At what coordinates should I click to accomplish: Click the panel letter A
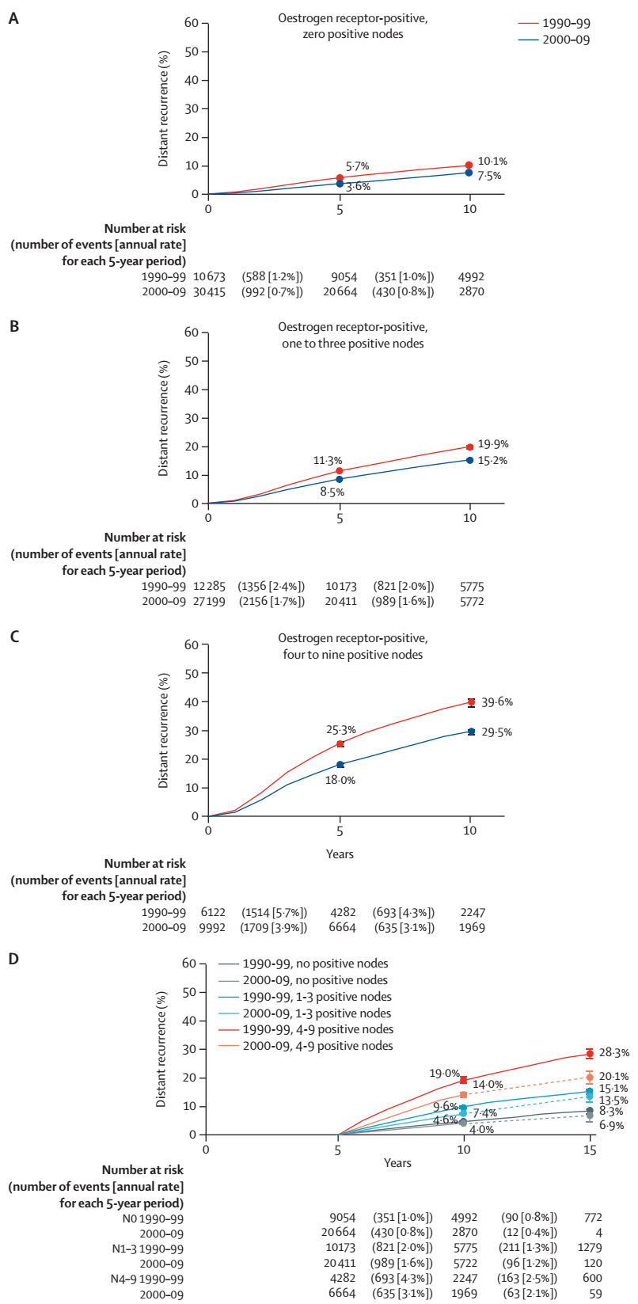point(13,18)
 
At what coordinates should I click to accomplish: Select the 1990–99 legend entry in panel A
point(553,23)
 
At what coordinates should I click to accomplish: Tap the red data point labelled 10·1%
point(469,165)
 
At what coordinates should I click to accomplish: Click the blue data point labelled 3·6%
point(340,184)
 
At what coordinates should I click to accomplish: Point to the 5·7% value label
point(358,166)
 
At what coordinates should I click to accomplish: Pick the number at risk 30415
point(209,291)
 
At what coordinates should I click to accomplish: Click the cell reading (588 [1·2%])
point(272,276)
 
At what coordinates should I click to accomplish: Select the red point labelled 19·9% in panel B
point(469,447)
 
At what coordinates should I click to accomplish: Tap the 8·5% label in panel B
point(332,492)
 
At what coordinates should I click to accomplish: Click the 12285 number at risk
point(209,586)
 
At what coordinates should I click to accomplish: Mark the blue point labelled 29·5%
point(471,731)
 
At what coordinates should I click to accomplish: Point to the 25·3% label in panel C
point(340,729)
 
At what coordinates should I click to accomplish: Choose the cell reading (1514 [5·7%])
point(274,912)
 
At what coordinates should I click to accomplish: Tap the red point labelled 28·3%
point(590,1053)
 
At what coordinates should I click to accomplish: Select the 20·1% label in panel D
point(613,1077)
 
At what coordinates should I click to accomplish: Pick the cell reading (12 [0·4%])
point(529,1233)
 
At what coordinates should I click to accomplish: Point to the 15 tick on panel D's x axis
point(590,1150)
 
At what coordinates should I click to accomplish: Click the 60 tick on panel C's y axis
point(192,644)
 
